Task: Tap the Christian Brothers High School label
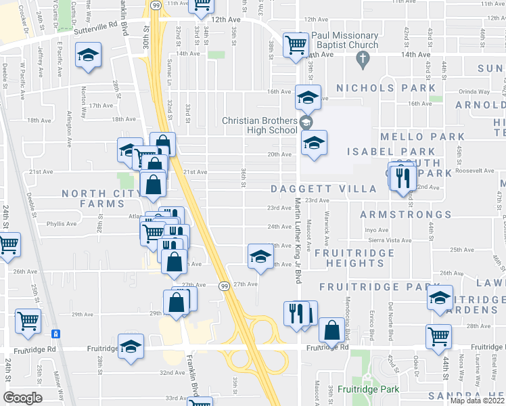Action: pos(260,125)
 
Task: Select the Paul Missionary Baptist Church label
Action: pos(354,41)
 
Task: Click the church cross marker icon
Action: pos(363,59)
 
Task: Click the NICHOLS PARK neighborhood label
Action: pos(386,88)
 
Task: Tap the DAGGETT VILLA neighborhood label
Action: pos(323,189)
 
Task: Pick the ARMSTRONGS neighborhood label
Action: pos(405,215)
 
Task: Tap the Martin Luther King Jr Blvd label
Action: pos(297,244)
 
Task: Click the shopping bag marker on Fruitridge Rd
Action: pos(331,331)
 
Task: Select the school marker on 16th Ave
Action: pos(308,98)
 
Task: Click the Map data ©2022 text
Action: pos(477,401)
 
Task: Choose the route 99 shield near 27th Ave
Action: pos(223,287)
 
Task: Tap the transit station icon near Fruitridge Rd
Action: pos(55,334)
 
